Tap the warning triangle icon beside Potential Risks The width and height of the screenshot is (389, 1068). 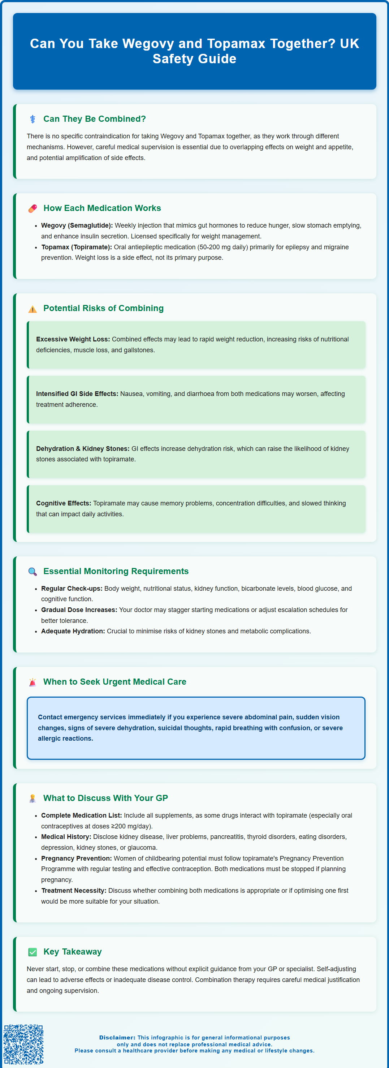(x=32, y=309)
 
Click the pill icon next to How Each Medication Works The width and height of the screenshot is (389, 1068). (x=32, y=208)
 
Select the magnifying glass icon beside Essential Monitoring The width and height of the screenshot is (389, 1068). (x=32, y=572)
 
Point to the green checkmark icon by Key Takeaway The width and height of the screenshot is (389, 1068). (x=32, y=952)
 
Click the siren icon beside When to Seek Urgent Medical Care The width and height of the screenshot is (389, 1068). (x=32, y=682)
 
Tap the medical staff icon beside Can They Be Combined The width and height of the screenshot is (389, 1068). (x=32, y=119)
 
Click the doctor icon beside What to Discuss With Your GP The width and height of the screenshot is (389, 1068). (x=32, y=798)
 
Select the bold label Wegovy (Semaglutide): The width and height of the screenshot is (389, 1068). (x=77, y=225)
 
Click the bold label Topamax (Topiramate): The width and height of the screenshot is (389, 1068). (x=77, y=247)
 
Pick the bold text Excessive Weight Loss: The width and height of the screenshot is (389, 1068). (x=73, y=339)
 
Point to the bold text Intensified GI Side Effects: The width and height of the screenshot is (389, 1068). (x=77, y=394)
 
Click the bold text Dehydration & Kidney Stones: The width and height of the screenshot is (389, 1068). (x=82, y=449)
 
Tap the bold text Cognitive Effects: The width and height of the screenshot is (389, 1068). (x=63, y=503)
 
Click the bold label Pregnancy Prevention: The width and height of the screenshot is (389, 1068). (x=76, y=858)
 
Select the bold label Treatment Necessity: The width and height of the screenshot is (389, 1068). (x=74, y=891)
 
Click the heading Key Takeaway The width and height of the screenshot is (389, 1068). (x=73, y=952)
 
